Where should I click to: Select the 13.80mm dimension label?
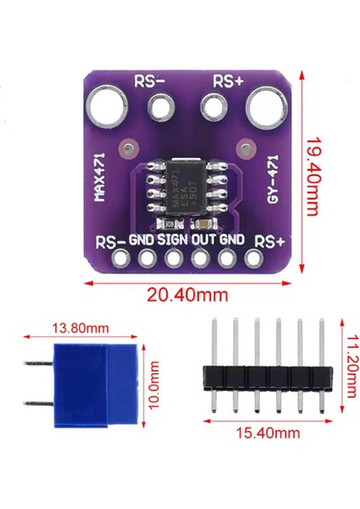(x=82, y=327)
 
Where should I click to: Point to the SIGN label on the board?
(x=172, y=240)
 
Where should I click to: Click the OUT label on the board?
(x=203, y=240)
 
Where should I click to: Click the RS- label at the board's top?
(x=149, y=81)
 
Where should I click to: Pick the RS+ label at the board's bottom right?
(x=270, y=241)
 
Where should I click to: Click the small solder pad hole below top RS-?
(x=159, y=109)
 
